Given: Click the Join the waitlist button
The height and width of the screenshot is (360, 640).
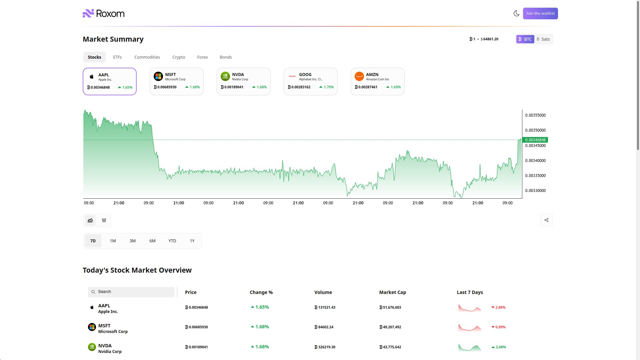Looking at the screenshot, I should (540, 13).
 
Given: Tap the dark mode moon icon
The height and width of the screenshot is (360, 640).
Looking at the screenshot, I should (516, 13).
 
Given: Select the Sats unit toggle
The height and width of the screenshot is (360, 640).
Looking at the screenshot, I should (543, 39).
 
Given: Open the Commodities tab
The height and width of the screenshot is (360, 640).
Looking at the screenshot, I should (147, 57).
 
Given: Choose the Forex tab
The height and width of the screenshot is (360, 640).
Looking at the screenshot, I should (202, 57).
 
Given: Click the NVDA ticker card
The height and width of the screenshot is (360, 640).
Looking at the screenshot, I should (243, 81).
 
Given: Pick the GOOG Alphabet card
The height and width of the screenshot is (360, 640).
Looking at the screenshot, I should (310, 81).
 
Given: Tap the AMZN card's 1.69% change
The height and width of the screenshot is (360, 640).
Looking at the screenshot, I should (394, 87).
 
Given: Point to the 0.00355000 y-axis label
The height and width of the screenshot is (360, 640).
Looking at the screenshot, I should (535, 115).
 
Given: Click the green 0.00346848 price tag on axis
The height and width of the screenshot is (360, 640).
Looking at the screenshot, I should (535, 140).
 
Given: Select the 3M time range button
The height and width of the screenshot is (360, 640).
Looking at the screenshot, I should (132, 241).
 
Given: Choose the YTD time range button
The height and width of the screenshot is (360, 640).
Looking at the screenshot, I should (172, 241).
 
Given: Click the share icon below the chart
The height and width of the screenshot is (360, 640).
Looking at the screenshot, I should (546, 220).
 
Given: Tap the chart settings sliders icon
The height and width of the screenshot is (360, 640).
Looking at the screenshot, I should (104, 220).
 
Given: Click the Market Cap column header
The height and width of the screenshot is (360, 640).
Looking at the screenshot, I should (392, 292).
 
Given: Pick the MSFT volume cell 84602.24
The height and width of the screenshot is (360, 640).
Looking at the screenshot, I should (324, 327).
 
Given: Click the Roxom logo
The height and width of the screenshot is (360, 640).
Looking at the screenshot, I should (104, 13).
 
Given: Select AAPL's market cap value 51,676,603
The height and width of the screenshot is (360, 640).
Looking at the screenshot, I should (390, 307).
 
